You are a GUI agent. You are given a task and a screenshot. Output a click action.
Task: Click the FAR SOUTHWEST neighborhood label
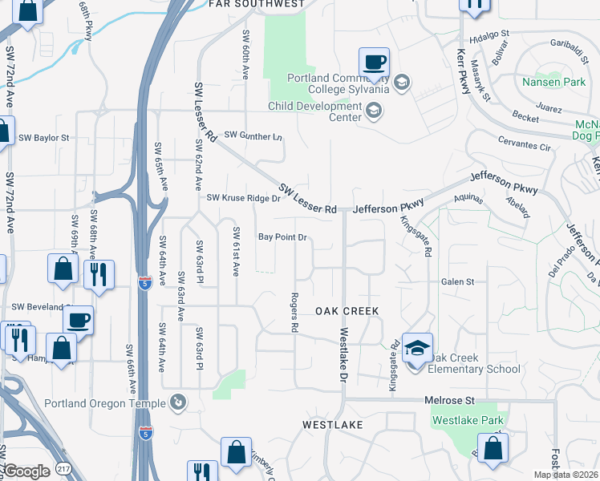[257, 4]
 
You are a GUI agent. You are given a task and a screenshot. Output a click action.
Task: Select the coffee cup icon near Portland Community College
[375, 62]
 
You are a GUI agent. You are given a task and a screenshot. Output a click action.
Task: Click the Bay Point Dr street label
[282, 237]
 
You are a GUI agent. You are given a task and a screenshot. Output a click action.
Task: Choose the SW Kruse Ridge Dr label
[243, 198]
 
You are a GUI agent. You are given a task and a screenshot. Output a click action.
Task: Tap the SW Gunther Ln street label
[253, 135]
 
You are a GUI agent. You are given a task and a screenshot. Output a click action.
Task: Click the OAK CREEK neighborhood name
[347, 310]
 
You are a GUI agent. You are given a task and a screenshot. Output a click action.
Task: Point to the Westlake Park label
[468, 420]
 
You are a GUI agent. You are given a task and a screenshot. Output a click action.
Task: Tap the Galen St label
[459, 282]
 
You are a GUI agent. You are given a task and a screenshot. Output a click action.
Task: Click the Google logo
[26, 471]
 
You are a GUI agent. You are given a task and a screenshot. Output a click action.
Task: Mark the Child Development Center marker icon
[373, 113]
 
